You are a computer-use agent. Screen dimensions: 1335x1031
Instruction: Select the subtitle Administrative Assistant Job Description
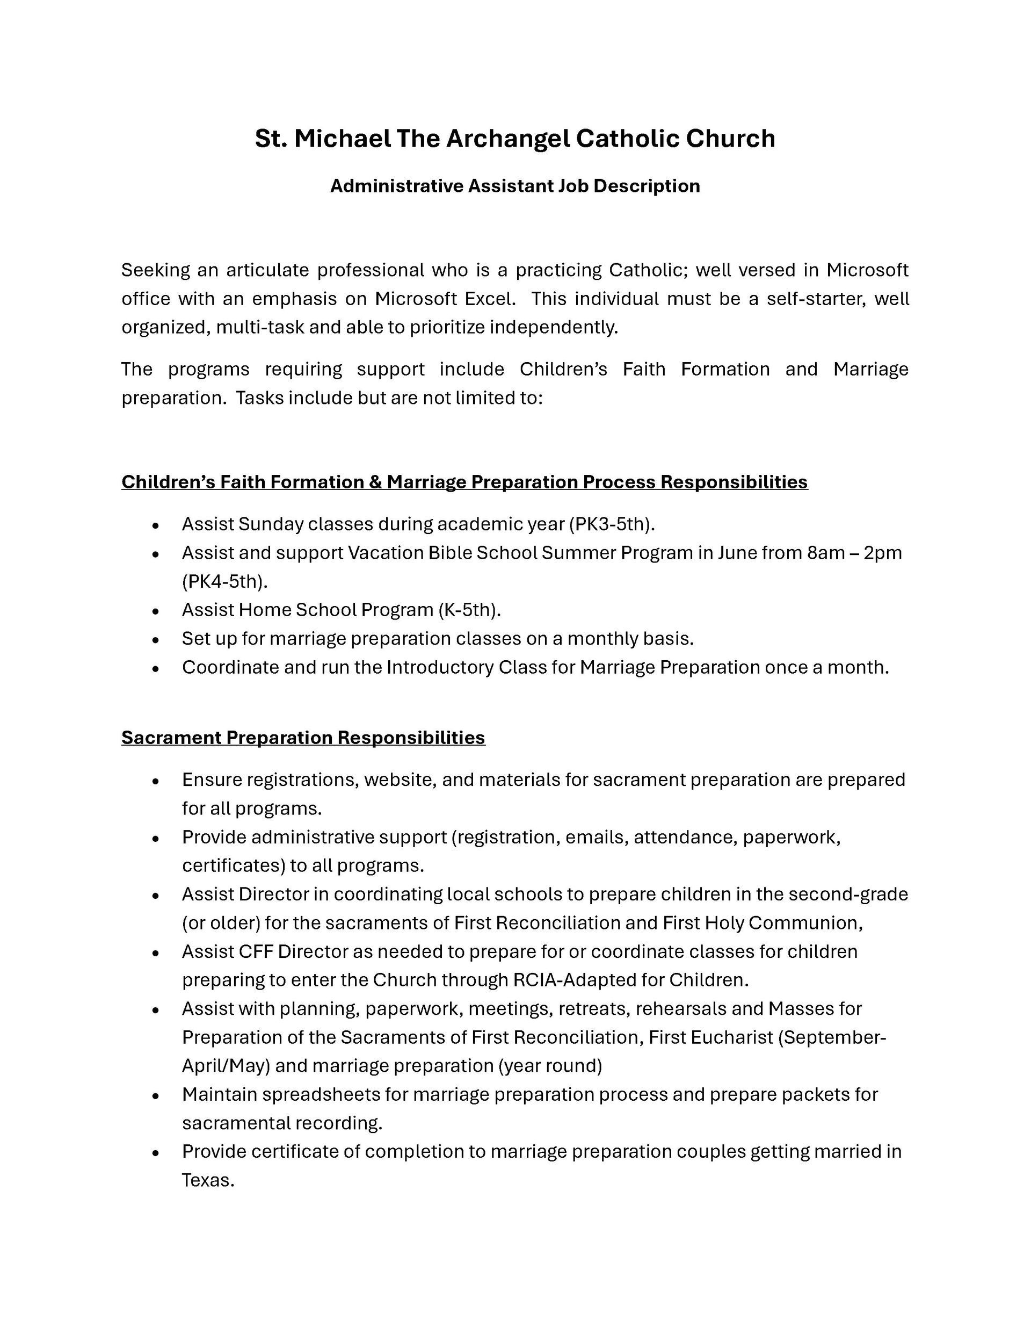tap(514, 186)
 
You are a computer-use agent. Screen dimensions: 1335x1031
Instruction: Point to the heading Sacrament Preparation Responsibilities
tap(303, 737)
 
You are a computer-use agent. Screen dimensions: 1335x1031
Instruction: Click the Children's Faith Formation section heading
tap(464, 482)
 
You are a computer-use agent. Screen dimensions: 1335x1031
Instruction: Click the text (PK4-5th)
tap(225, 581)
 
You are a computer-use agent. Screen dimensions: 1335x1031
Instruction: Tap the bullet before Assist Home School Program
tap(156, 611)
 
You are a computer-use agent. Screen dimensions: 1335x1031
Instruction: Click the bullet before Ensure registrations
tap(156, 781)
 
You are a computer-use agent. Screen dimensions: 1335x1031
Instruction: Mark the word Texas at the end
tap(208, 1180)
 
